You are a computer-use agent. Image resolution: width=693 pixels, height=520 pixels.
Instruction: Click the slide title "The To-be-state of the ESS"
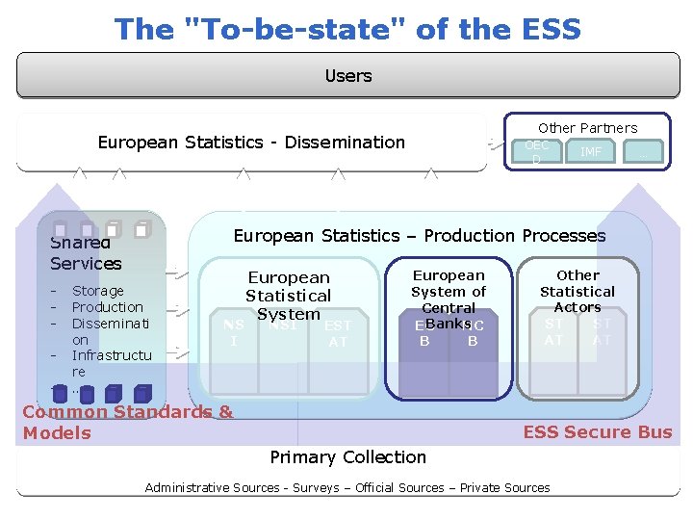[347, 29]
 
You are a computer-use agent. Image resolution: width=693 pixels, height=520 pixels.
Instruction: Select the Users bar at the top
[347, 75]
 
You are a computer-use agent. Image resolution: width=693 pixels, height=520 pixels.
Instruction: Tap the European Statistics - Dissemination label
[251, 143]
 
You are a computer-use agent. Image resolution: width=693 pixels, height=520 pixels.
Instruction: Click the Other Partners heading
[587, 127]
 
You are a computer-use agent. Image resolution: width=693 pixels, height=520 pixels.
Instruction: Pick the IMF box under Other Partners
[590, 151]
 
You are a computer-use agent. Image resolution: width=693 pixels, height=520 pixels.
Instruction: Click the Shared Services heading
[86, 253]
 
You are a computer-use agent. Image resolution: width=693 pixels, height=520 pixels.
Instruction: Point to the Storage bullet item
[98, 291]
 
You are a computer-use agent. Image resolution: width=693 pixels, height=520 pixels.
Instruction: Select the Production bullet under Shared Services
[107, 307]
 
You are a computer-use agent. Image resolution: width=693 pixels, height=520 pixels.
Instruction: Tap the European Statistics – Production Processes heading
[420, 236]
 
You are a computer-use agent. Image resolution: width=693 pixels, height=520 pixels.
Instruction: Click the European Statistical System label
[288, 295]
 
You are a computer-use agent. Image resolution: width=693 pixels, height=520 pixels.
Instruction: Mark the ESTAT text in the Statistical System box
[338, 333]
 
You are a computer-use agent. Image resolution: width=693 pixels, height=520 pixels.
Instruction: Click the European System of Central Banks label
[449, 291]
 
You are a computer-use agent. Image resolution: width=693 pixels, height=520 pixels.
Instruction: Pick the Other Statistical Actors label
[577, 291]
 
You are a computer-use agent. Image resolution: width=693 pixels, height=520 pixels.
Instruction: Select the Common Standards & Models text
[127, 422]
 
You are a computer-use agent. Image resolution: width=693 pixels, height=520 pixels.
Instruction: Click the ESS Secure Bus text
[598, 431]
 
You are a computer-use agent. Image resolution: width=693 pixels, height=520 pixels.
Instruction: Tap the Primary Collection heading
[347, 456]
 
